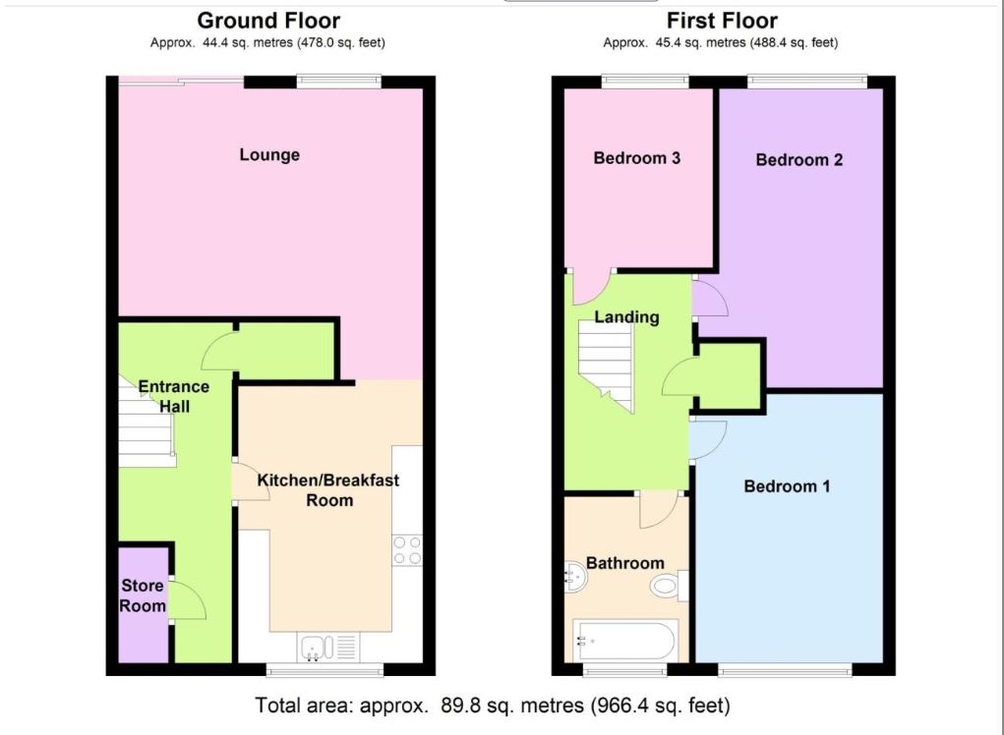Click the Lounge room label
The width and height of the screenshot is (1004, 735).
[268, 155]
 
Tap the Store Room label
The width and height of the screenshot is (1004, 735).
[143, 595]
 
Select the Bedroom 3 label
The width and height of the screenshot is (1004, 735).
[636, 158]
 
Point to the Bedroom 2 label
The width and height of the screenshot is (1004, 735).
[799, 160]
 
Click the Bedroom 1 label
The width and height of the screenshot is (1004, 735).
[787, 486]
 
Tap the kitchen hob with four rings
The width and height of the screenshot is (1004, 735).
[407, 550]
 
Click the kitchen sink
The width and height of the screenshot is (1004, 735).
[327, 647]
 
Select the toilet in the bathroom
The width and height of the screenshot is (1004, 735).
[669, 586]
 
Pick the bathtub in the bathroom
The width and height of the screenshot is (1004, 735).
[623, 640]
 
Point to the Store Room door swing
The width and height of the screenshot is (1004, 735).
[188, 601]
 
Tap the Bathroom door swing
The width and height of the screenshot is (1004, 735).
[659, 510]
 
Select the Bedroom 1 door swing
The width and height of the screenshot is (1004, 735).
[709, 440]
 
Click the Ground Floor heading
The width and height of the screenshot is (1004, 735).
[268, 21]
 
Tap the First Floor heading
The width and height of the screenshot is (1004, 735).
[722, 21]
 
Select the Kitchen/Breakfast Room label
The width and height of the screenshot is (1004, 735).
[327, 490]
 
